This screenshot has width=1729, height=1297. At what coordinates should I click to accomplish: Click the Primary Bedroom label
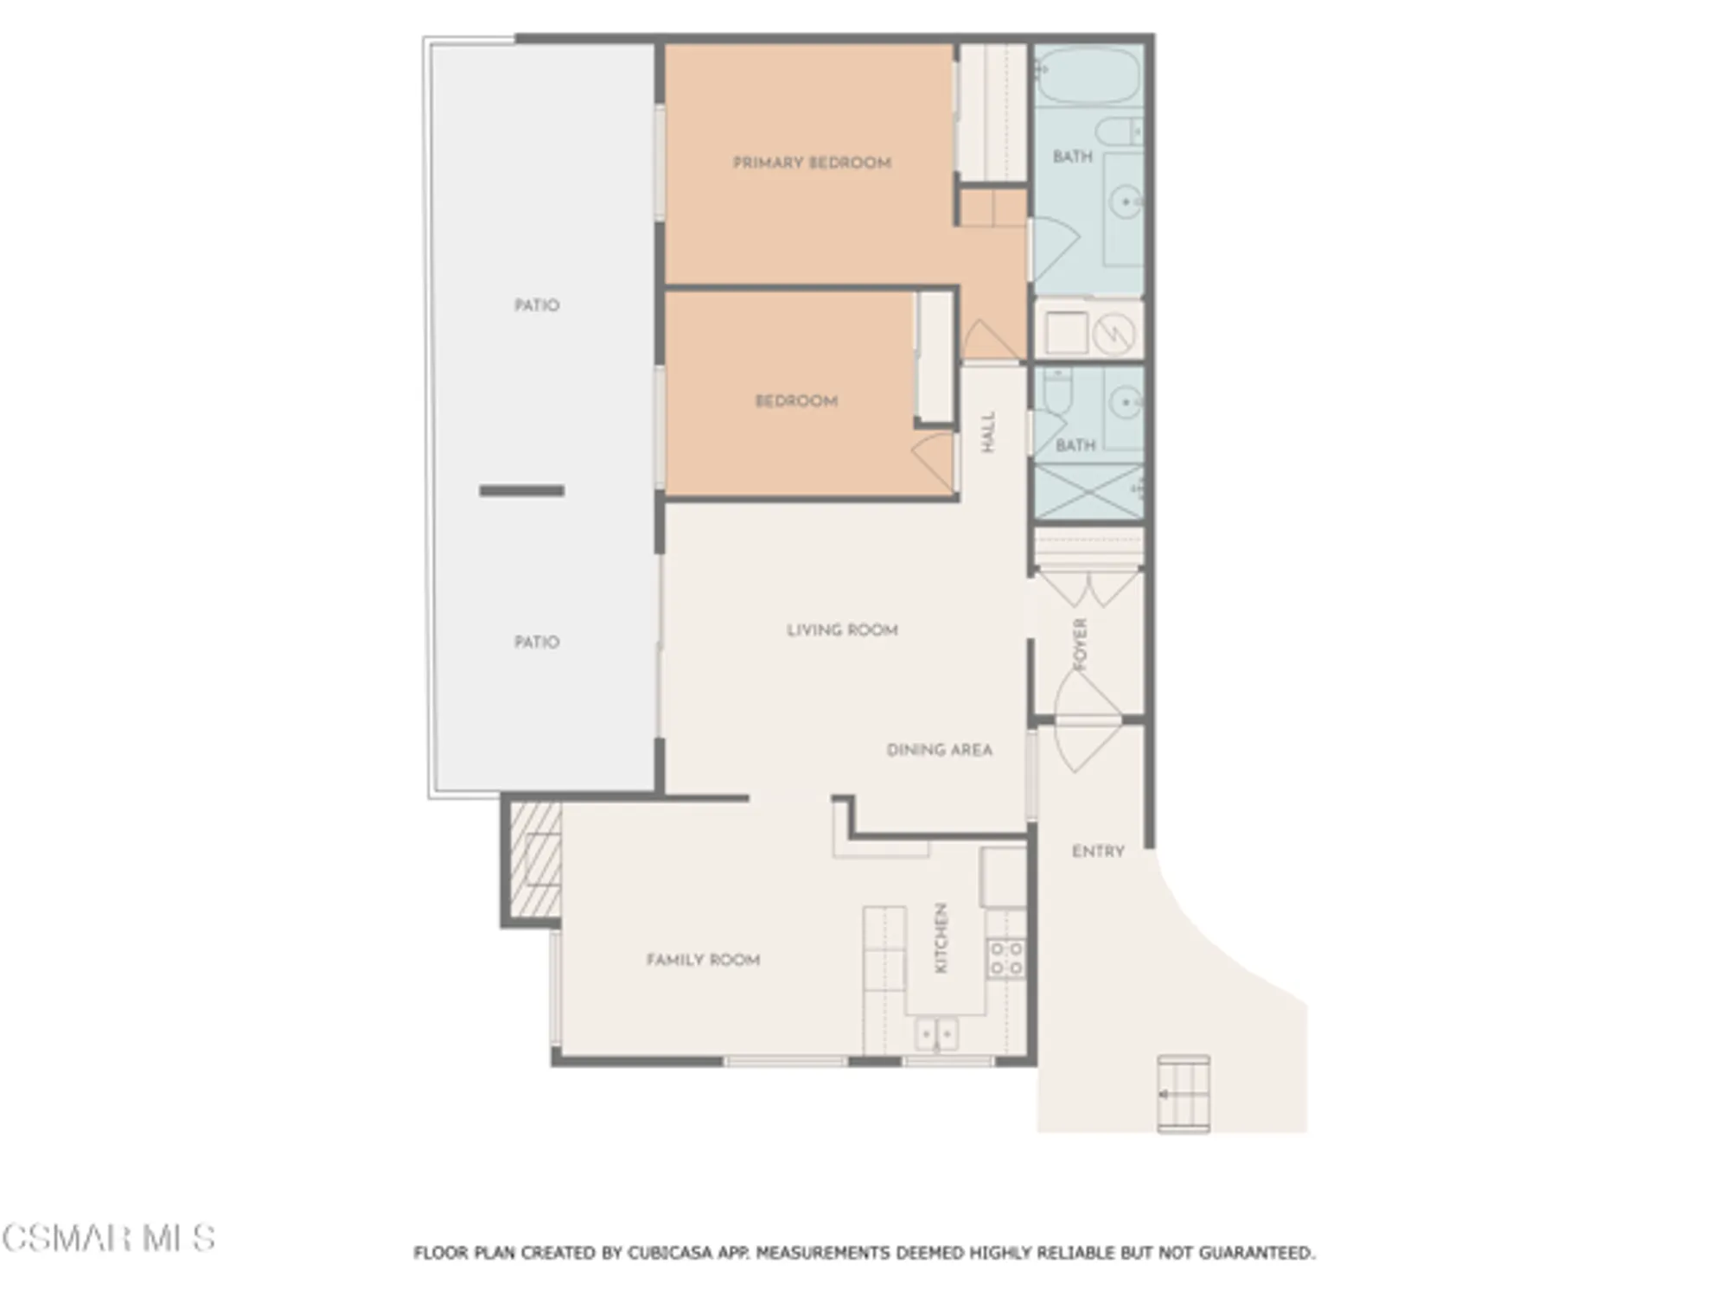[812, 163]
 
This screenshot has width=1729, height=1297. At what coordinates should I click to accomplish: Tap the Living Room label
[842, 630]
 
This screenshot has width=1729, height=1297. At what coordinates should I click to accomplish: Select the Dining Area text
[939, 750]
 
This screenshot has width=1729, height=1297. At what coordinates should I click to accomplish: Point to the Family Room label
[703, 960]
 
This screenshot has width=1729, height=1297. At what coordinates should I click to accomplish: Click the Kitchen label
[941, 938]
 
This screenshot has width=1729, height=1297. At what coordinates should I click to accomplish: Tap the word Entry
[1098, 852]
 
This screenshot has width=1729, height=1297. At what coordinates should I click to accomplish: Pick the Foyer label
[1080, 644]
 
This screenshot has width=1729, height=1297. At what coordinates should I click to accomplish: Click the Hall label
[988, 431]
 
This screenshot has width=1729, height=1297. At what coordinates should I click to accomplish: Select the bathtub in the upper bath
[1088, 76]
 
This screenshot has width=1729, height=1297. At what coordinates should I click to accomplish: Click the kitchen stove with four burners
[1006, 959]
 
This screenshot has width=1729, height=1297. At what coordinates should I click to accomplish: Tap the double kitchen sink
[936, 1033]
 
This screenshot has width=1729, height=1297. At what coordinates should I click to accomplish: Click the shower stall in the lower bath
[1088, 492]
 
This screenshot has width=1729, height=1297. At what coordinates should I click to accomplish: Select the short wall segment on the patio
[522, 491]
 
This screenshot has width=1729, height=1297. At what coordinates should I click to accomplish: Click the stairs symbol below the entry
[1184, 1094]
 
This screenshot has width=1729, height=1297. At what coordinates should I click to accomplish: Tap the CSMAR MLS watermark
[108, 1238]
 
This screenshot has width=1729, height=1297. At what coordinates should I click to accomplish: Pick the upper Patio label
[537, 305]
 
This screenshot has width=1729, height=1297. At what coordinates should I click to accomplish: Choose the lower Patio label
[537, 642]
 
